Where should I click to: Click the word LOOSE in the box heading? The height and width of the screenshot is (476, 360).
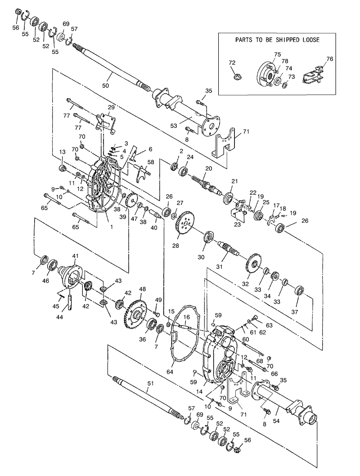click(x=309, y=40)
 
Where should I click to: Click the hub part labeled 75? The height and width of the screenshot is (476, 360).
click(x=265, y=75)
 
